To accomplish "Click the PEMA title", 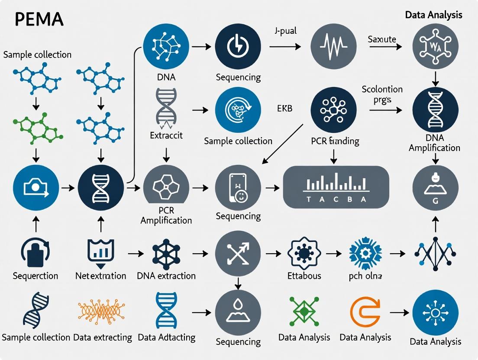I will [39, 19].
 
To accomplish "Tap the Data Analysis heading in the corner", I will [433, 15].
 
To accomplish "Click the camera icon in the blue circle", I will [36, 187].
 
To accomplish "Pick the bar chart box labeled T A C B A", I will [336, 187].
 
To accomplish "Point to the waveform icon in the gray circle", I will [334, 45].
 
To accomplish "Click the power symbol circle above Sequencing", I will [238, 45].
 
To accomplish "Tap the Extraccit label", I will [166, 135].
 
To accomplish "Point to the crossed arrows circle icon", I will [238, 253].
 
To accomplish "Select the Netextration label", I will [100, 276].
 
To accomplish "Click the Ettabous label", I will [304, 275].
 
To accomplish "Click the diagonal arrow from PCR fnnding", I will [283, 143].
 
